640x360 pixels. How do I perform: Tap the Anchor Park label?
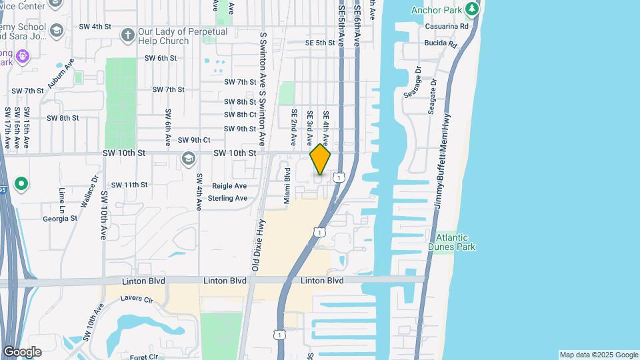[x=437, y=10]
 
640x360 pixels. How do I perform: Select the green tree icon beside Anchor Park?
[x=472, y=9]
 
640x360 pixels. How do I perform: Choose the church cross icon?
[x=127, y=34]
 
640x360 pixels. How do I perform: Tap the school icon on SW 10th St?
[x=188, y=158]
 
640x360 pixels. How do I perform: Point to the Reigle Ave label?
[x=229, y=186]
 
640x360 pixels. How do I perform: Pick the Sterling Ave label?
[x=228, y=198]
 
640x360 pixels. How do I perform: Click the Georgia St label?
[x=60, y=218]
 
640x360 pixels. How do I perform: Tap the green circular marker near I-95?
[x=21, y=183]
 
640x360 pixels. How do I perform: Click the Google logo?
[x=22, y=351]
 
